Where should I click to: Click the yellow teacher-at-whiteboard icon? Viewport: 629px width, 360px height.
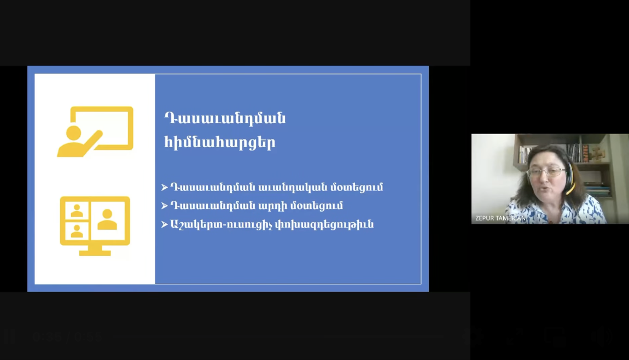[95, 132]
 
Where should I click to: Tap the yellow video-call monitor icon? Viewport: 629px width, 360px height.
[95, 226]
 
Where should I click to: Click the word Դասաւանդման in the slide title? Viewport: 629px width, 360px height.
[225, 118]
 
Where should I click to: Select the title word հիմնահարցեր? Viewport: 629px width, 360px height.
[220, 142]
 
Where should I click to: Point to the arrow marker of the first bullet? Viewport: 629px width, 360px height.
[165, 188]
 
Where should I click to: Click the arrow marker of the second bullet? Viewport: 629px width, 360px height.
[165, 206]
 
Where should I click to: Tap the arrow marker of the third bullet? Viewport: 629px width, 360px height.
[165, 224]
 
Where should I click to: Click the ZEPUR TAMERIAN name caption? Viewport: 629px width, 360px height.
[500, 218]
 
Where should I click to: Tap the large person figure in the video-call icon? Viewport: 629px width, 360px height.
[108, 219]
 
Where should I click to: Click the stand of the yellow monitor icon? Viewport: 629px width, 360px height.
[95, 251]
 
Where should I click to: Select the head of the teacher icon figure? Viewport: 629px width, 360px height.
[74, 133]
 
